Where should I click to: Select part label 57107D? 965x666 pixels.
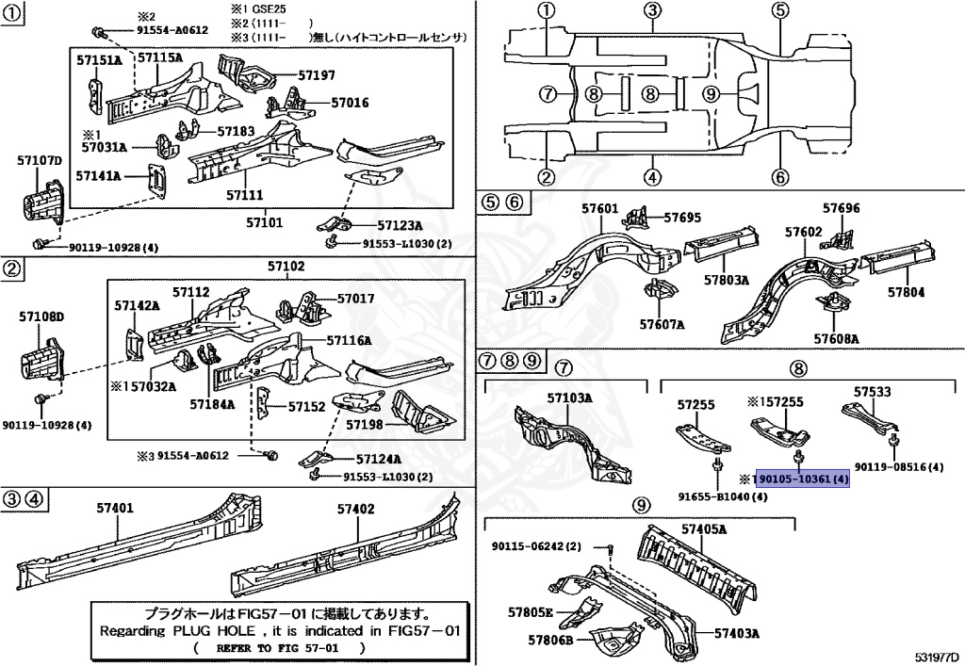[39, 161]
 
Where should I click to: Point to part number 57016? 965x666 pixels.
[349, 103]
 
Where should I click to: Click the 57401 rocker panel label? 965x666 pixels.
[115, 509]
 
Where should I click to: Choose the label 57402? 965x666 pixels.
[356, 509]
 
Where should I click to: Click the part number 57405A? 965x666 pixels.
[704, 529]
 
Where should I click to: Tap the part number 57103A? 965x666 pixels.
[569, 398]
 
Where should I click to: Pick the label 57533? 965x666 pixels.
[872, 391]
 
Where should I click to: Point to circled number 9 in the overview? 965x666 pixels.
[711, 93]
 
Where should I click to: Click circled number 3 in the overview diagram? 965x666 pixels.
[651, 11]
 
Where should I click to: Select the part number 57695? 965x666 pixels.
[681, 218]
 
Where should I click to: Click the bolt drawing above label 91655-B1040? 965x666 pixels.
[718, 462]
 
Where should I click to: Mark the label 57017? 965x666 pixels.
[355, 299]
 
